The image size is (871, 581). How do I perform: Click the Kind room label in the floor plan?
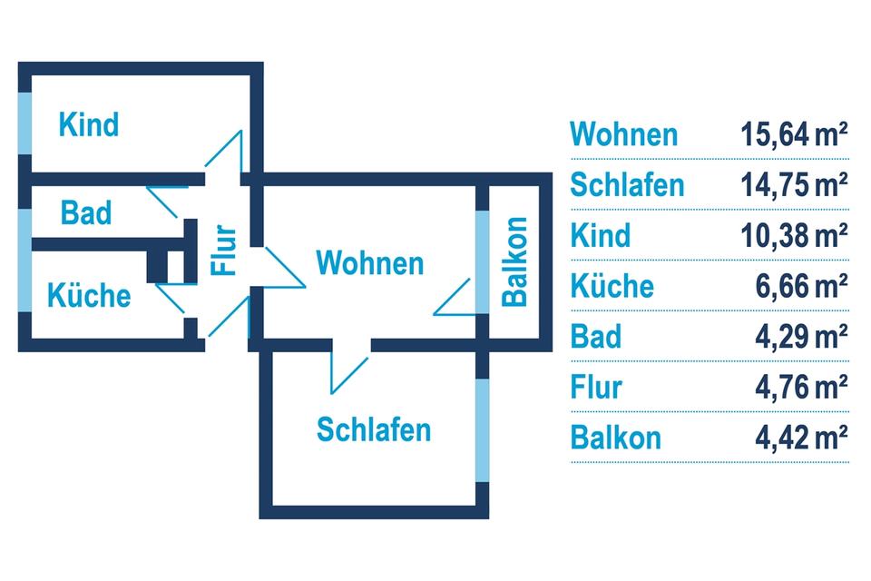pos(89,124)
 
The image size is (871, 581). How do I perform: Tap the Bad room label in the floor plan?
pos(86,212)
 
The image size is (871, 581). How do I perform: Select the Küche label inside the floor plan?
pos(89,295)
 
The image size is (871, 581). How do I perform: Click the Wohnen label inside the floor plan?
pos(369,263)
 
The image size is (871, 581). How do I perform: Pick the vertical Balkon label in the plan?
pos(514,261)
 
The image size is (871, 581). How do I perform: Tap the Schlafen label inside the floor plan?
pos(374,428)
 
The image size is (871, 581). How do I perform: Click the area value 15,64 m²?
pos(794,135)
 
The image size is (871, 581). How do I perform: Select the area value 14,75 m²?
pos(794,185)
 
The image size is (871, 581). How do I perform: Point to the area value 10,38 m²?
pos(794,236)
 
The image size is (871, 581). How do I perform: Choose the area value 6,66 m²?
pos(801,287)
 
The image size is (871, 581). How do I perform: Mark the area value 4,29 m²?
pos(801,337)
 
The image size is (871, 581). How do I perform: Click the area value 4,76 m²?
pos(801,388)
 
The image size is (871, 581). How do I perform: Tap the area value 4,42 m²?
pos(801,438)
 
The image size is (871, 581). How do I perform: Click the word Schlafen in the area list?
pos(627,185)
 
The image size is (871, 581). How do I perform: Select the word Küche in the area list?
pos(612,287)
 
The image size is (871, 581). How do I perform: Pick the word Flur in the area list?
pos(596,388)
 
